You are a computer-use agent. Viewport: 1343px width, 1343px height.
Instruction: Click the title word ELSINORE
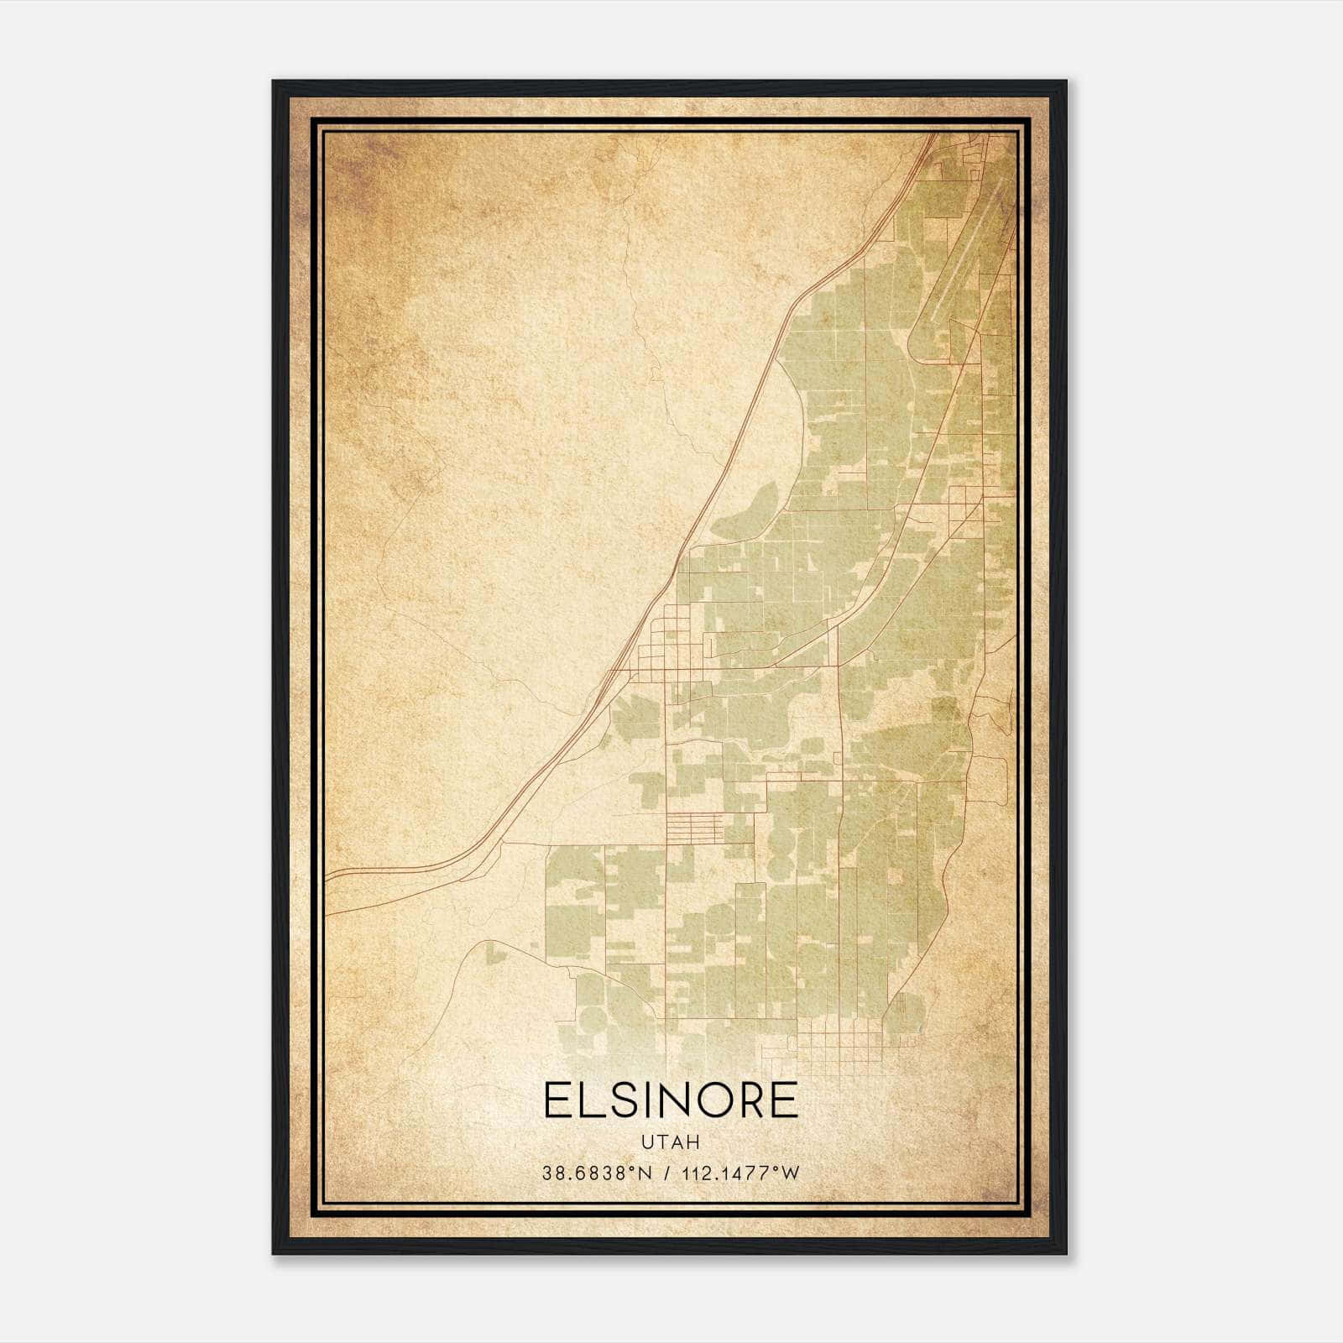(x=671, y=1100)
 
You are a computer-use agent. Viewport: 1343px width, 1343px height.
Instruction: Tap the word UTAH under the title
(x=671, y=1142)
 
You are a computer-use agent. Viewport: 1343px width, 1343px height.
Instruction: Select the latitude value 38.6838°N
(x=597, y=1173)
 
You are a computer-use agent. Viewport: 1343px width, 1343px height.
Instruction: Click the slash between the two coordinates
(x=667, y=1173)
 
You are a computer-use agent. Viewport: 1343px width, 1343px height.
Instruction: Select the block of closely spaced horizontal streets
(x=693, y=827)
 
